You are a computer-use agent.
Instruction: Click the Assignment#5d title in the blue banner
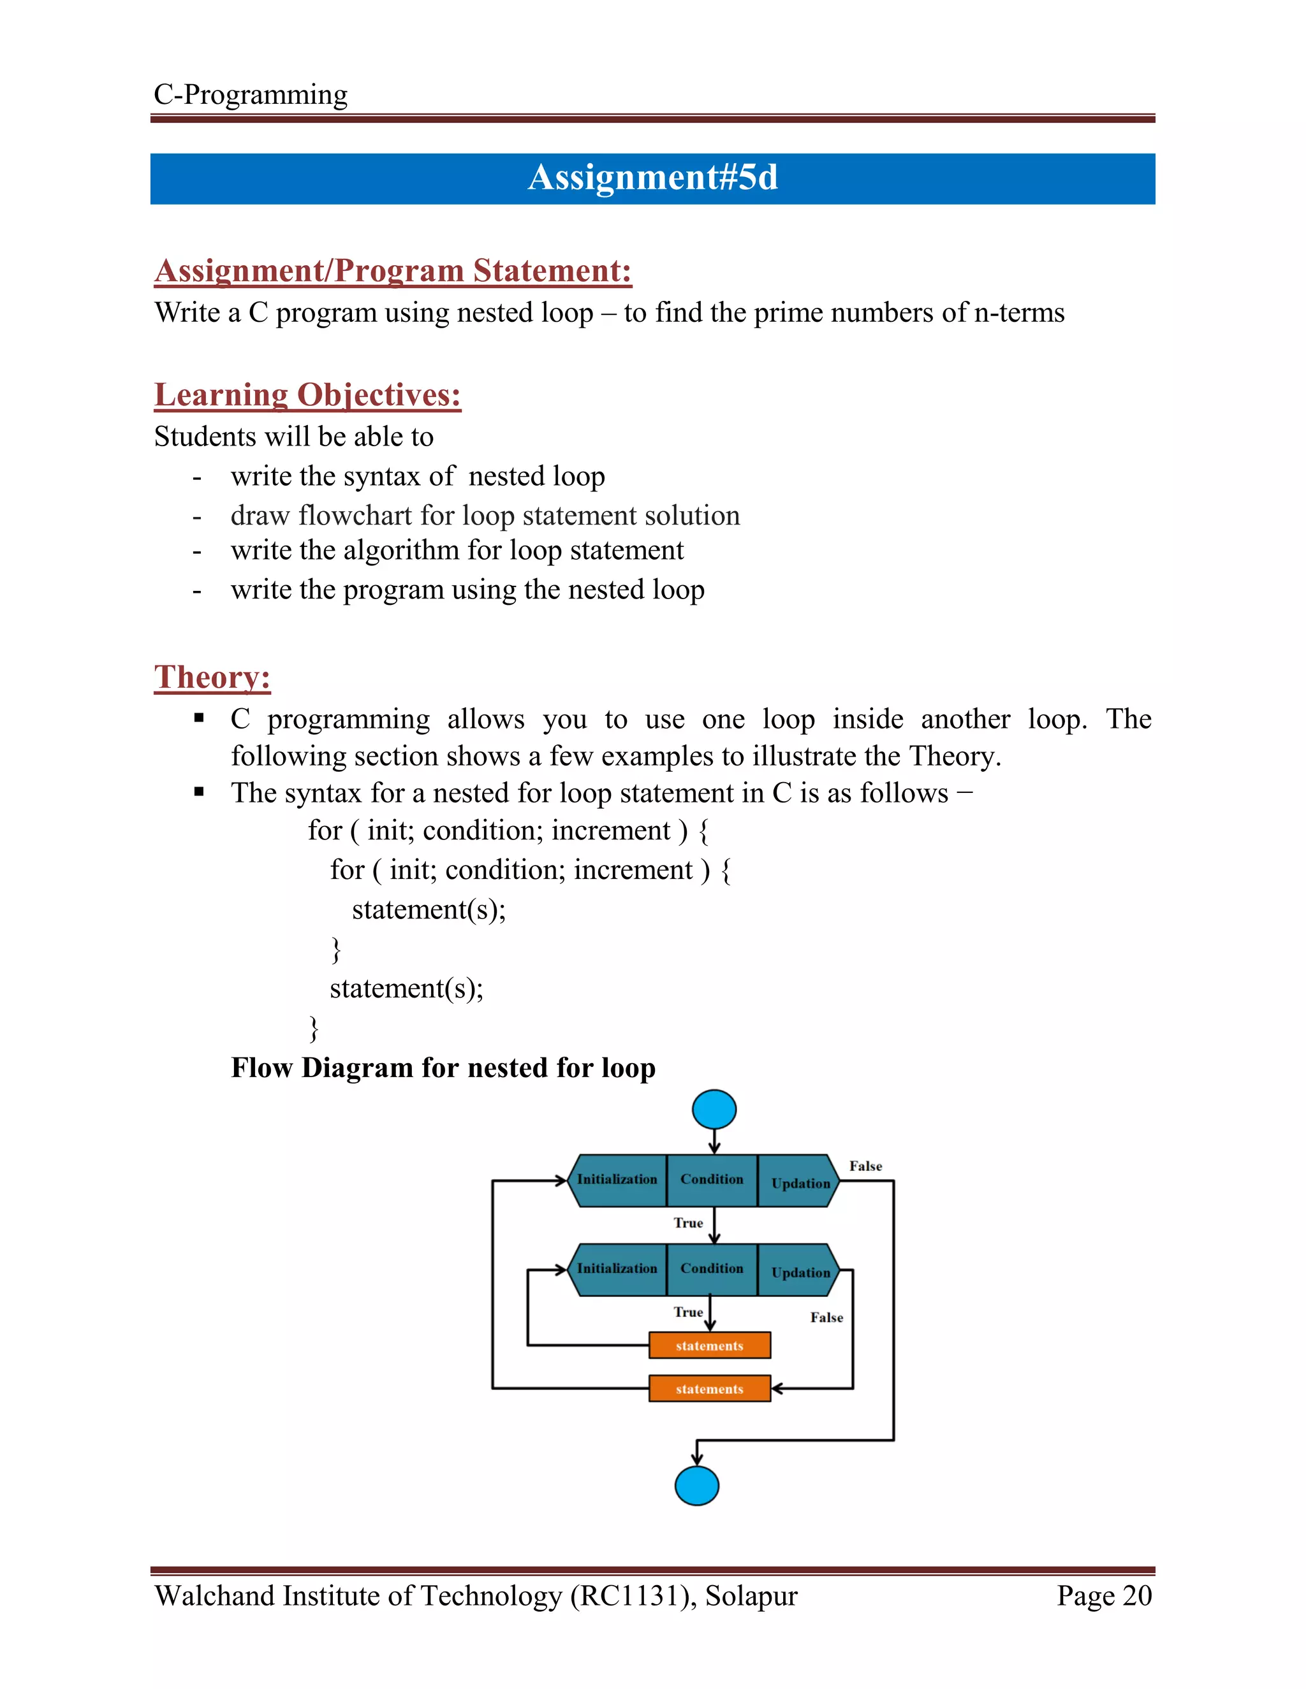(x=652, y=178)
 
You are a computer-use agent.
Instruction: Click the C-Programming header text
(x=250, y=94)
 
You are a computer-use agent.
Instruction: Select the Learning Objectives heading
(x=307, y=395)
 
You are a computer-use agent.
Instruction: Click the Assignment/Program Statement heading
(x=392, y=271)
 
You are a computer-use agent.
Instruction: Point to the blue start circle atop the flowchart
(x=714, y=1110)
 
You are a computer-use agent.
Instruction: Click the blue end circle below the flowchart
(x=696, y=1485)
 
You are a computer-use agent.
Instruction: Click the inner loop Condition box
(x=712, y=1269)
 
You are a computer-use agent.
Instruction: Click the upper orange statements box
(x=710, y=1345)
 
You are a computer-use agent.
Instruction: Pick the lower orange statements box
(x=710, y=1389)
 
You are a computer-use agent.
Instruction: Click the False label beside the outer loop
(x=865, y=1166)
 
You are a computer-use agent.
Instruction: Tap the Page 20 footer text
(x=1104, y=1596)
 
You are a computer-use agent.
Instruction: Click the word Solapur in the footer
(x=751, y=1596)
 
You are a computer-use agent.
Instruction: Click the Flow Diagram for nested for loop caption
(x=443, y=1068)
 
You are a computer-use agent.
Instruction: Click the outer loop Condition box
(x=712, y=1179)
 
